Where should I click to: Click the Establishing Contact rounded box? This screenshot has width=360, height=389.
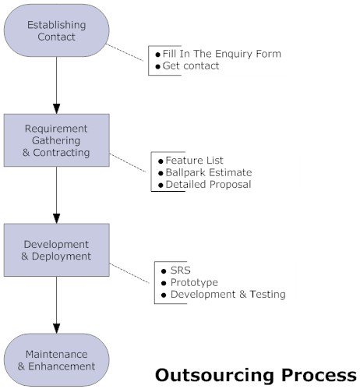[56, 30]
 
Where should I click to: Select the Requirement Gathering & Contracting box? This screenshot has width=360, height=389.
[56, 140]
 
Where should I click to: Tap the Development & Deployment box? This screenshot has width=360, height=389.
[56, 249]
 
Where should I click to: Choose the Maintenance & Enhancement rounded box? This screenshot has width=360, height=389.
[56, 359]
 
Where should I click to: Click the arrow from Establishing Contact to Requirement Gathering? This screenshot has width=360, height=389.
[56, 86]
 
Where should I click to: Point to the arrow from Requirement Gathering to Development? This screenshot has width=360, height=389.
[56, 195]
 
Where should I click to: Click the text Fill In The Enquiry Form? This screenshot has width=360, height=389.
[221, 54]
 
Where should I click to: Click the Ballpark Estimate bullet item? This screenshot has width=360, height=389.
[208, 172]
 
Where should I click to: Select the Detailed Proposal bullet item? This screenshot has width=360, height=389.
[208, 185]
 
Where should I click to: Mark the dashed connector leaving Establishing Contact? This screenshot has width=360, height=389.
[127, 52]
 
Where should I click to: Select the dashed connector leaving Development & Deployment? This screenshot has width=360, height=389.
[131, 273]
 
